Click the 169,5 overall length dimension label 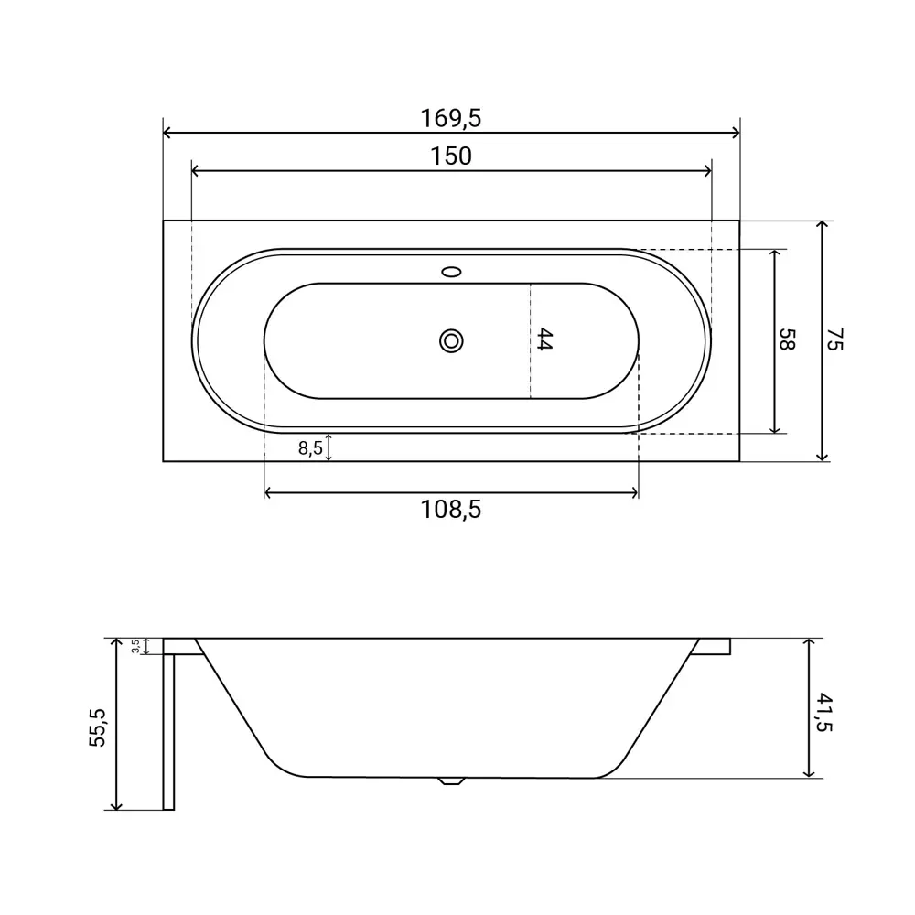click(x=451, y=118)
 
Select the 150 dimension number click(x=451, y=156)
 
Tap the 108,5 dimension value click(x=451, y=510)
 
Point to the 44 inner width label click(x=544, y=339)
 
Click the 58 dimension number click(x=787, y=339)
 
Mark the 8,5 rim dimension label click(x=310, y=448)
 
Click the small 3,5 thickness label click(x=135, y=646)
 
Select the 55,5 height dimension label click(x=98, y=727)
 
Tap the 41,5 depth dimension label click(x=824, y=712)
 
